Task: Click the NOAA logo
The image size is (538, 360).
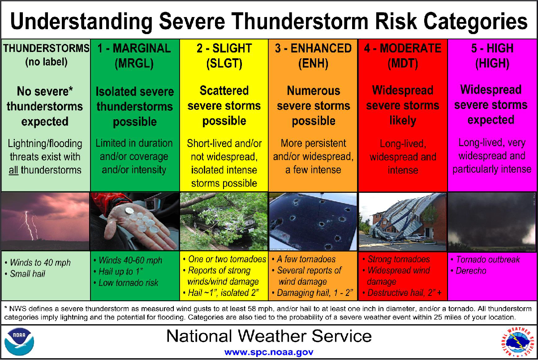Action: coord(19,341)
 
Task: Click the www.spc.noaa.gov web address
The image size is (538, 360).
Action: coord(269,352)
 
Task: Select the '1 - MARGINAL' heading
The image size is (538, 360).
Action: coord(134,48)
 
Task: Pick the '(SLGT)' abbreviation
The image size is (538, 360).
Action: coord(224,64)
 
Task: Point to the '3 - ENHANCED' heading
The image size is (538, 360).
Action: coord(313,48)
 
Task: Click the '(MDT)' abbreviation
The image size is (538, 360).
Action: coord(403,64)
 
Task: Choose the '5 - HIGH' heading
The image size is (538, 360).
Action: coord(492,48)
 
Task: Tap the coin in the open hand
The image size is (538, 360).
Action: coord(129,211)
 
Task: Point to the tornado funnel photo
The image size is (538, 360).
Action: coord(492,221)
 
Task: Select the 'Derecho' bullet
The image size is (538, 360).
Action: coord(469,271)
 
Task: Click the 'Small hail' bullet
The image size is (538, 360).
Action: coord(25,274)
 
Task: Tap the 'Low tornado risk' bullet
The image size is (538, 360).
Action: coord(126,283)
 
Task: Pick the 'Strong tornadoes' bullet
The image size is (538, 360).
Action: coord(396,259)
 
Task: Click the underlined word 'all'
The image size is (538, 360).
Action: coord(13,170)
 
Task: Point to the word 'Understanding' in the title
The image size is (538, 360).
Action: coord(82,22)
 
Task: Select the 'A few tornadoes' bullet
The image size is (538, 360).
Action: coord(304,259)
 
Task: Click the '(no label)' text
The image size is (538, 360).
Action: coord(46,62)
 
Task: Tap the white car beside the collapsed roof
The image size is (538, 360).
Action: coord(416,238)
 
